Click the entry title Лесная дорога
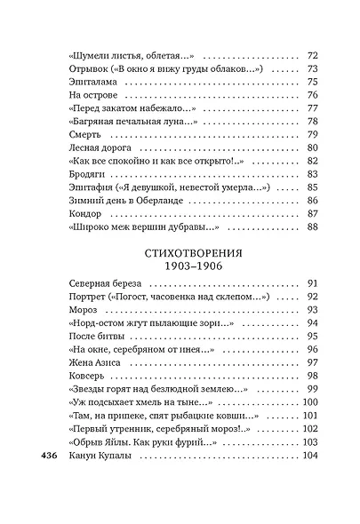click(x=100, y=147)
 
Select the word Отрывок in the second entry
click(x=90, y=68)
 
